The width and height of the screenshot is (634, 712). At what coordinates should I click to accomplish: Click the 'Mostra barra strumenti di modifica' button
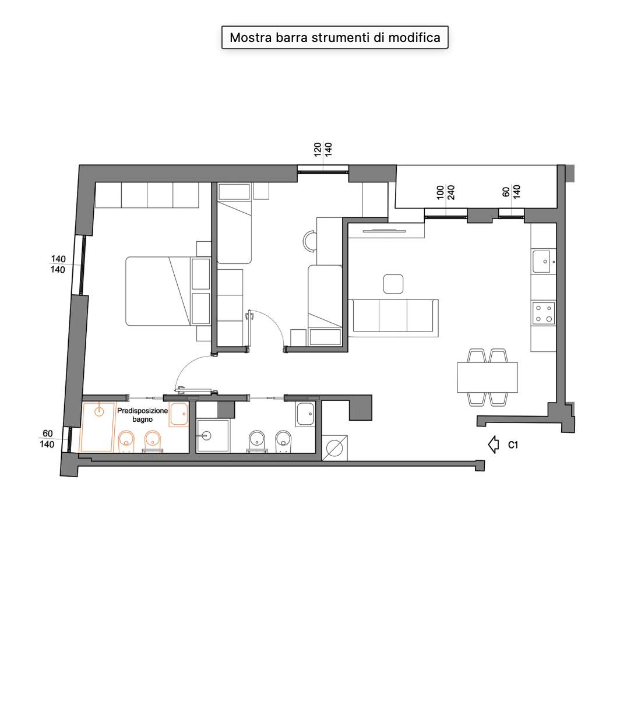click(334, 37)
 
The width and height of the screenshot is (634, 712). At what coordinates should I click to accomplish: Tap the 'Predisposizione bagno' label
click(142, 415)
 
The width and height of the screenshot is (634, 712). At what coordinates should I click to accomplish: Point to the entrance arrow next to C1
click(494, 445)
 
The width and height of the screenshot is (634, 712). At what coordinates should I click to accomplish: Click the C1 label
click(513, 445)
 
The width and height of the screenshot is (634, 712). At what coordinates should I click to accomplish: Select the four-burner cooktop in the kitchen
click(543, 313)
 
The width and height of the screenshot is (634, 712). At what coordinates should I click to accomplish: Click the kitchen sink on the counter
click(543, 262)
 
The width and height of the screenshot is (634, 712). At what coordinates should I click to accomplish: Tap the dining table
click(487, 377)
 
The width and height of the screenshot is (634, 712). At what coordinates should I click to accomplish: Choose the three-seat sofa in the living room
click(393, 318)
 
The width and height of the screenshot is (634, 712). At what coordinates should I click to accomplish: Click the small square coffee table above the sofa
click(393, 284)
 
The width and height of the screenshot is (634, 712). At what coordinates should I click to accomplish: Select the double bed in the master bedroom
click(168, 291)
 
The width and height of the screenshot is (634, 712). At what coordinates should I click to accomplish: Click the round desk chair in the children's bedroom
click(309, 241)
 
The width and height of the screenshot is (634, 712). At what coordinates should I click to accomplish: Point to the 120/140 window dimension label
click(323, 149)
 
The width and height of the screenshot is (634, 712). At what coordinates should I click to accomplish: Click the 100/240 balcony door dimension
click(445, 193)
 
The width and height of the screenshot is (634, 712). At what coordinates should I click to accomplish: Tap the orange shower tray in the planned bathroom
click(98, 427)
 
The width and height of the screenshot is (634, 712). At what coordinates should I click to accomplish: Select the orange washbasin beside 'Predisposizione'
click(179, 414)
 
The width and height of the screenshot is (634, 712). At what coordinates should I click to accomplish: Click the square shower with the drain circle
click(213, 435)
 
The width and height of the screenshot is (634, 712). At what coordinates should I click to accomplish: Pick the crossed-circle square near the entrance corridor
click(334, 447)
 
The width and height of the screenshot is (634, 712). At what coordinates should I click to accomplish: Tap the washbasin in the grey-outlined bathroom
click(305, 414)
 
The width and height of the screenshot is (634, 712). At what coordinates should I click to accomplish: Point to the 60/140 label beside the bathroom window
click(47, 439)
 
